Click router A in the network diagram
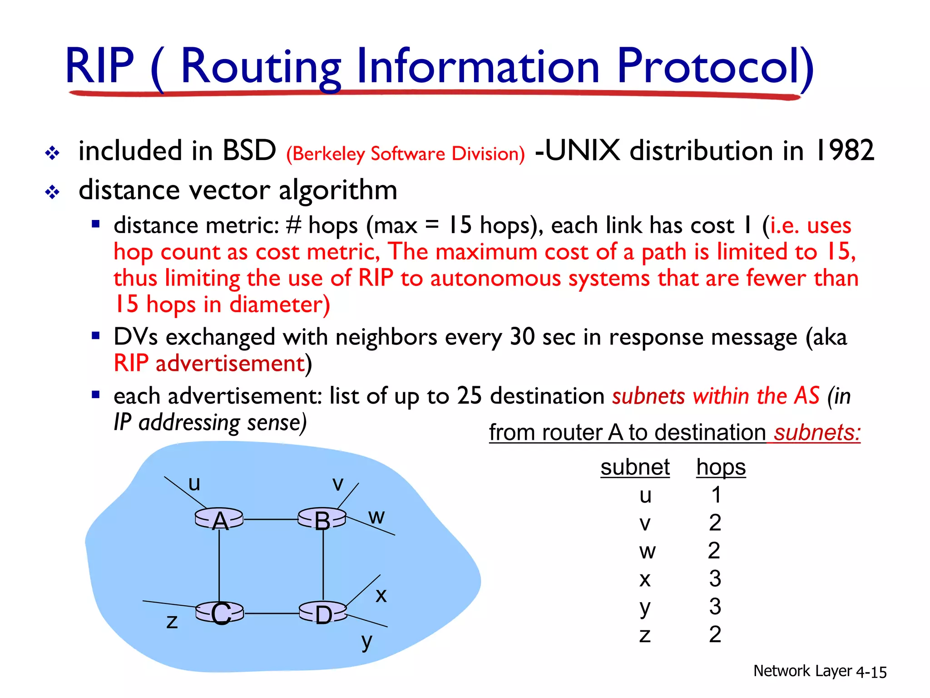tap(219, 519)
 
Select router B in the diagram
tap(322, 519)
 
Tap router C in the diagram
tap(220, 613)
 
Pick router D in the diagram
tap(323, 614)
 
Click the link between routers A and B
tap(271, 519)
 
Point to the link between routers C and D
tap(272, 613)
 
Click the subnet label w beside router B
tap(376, 517)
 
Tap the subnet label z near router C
tap(172, 621)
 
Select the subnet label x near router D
tap(381, 595)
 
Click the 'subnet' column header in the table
tap(635, 467)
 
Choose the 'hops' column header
tap(721, 467)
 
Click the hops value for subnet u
tap(716, 495)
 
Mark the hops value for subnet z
tap(715, 634)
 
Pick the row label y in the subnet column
tap(645, 607)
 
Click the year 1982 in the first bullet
tap(845, 150)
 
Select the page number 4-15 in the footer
tap(871, 672)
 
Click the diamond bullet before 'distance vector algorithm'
tap(52, 192)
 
